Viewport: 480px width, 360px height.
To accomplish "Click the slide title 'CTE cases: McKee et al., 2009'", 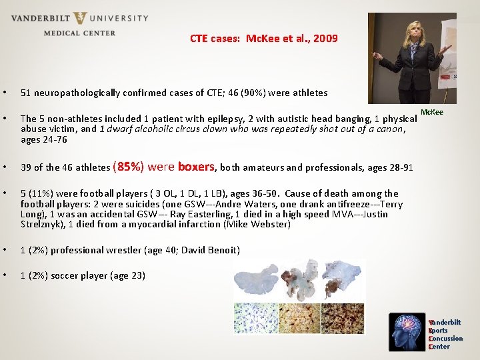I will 264,39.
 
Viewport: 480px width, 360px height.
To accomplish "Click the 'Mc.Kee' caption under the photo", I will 432,112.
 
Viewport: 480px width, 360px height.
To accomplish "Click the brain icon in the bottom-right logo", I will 409,331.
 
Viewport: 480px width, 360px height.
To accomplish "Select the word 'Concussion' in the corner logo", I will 445,339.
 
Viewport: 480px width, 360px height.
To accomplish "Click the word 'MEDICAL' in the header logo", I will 60,33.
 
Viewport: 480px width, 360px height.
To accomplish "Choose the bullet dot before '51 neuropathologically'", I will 5,93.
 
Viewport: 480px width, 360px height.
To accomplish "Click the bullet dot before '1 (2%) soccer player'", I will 5,275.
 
